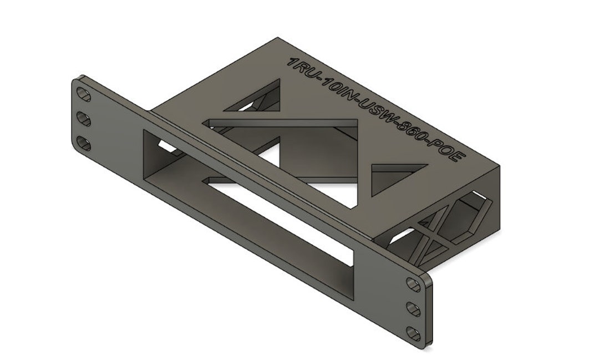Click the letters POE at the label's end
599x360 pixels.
[448, 153]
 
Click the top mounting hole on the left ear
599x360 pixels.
[84, 94]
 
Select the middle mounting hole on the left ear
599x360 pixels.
[84, 119]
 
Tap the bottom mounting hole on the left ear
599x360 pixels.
[84, 144]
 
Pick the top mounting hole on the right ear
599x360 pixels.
[414, 285]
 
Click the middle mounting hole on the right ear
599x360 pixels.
[414, 309]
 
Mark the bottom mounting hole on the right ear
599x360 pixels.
[414, 333]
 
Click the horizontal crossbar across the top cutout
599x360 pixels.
[283, 123]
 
